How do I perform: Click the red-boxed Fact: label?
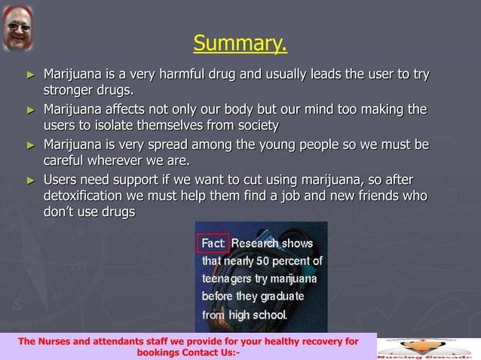[x=213, y=243]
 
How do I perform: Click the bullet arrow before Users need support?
[x=30, y=180]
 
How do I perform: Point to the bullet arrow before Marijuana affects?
[x=30, y=110]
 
